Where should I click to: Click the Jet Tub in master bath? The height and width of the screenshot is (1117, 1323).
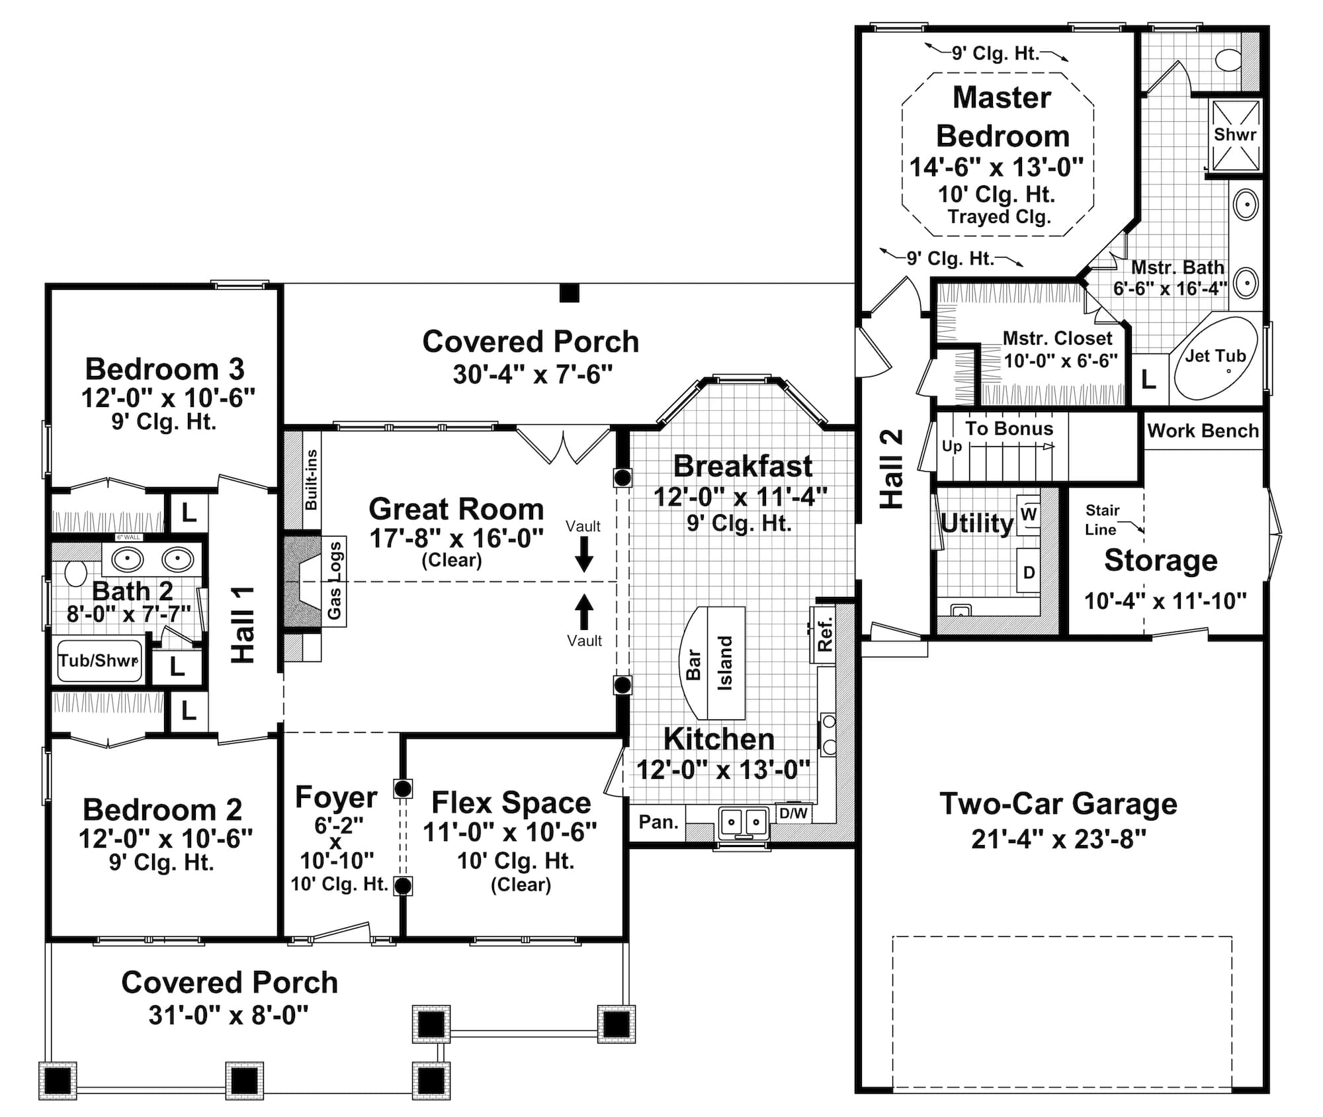(x=1216, y=357)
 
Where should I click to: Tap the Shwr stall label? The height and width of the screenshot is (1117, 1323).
(x=1234, y=134)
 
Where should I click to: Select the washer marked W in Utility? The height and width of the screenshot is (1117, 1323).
(x=1029, y=514)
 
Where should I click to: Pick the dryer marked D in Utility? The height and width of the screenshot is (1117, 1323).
(x=1029, y=572)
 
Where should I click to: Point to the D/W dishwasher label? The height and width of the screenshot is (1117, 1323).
(x=792, y=813)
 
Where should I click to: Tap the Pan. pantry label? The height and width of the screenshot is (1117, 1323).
(x=658, y=822)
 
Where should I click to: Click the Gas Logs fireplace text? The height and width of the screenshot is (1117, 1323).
(x=335, y=580)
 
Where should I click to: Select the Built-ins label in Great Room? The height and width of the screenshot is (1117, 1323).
(x=311, y=480)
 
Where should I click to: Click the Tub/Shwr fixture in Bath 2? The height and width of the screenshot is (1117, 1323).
(x=99, y=660)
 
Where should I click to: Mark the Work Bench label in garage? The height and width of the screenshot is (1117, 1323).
(x=1203, y=431)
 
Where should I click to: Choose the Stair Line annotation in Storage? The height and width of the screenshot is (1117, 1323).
(x=1102, y=519)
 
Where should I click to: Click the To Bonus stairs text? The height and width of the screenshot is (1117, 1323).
(x=1009, y=429)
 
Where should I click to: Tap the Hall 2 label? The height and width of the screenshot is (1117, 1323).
(x=892, y=469)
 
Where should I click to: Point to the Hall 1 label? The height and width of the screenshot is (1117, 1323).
(x=243, y=624)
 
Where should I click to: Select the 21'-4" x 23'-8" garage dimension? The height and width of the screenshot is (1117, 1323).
(x=1058, y=839)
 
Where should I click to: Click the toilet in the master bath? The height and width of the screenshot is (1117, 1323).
(x=1229, y=60)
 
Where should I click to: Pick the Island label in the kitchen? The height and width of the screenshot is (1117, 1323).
(x=726, y=663)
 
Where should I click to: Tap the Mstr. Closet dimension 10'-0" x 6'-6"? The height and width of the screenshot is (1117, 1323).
(x=1060, y=361)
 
